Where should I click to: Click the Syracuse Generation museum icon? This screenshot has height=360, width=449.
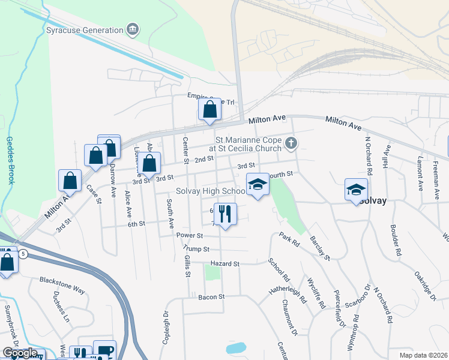coord(133,29)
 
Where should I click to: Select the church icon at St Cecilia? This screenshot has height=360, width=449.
coord(291,143)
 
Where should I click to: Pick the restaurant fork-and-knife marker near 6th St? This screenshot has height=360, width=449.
coord(225,214)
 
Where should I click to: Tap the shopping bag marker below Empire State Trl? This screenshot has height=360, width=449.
coord(209,109)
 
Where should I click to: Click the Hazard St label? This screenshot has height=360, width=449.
coord(224,263)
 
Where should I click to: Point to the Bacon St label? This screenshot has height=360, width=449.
coord(211,296)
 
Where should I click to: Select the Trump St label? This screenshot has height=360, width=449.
coord(197,248)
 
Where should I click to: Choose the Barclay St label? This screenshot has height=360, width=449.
coord(319,248)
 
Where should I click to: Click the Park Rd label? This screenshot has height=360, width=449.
coord(288,240)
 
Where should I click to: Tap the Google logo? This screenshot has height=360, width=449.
coord(20,353)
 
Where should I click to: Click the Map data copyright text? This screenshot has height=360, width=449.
coord(424,355)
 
